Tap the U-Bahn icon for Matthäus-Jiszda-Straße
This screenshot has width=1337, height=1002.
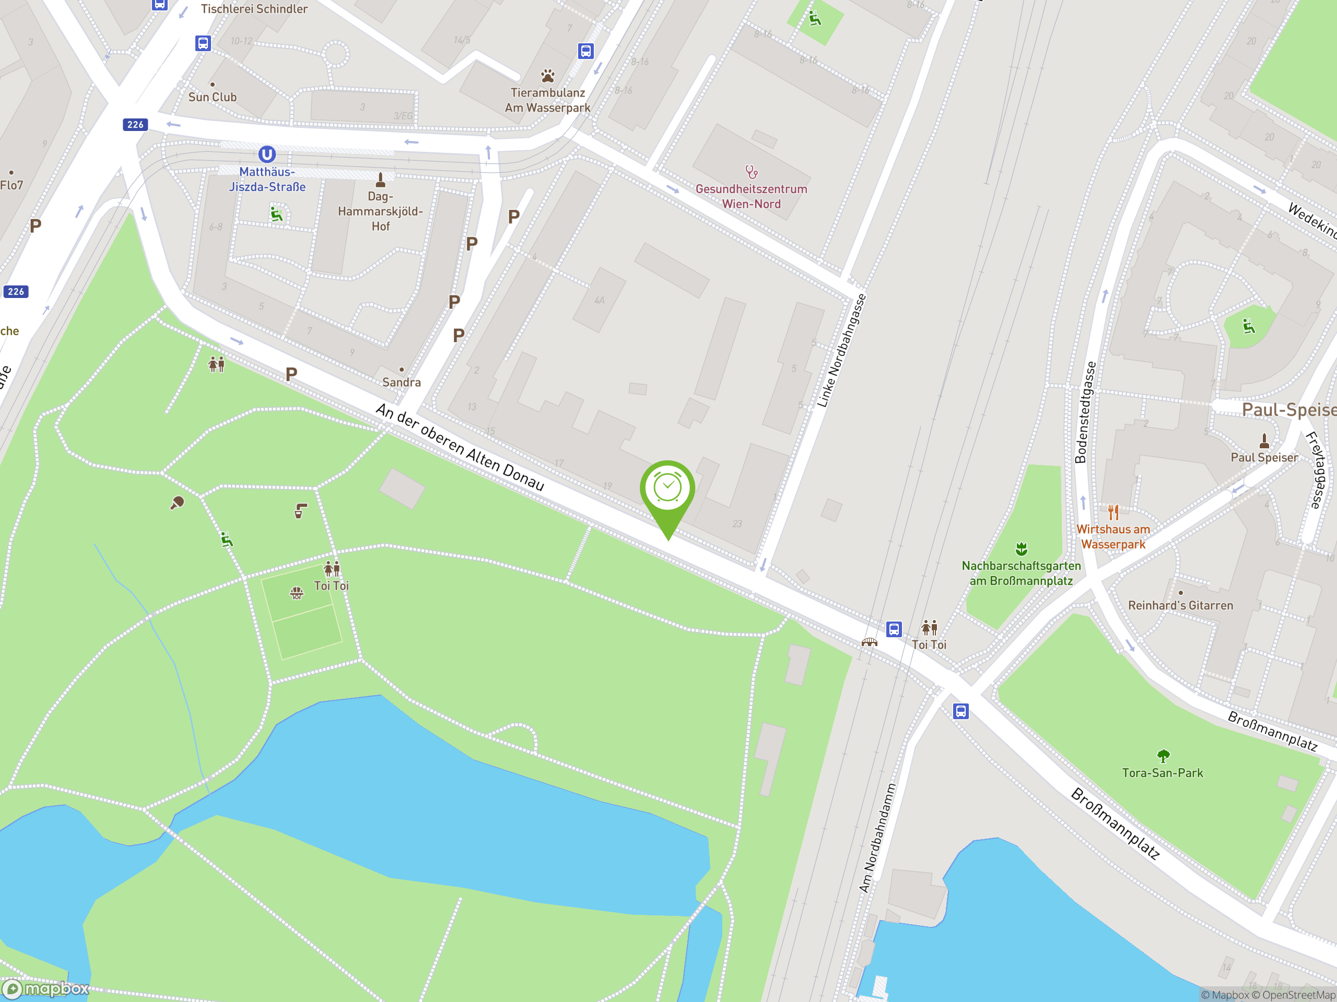[266, 154]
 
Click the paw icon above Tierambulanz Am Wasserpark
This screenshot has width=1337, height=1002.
[548, 76]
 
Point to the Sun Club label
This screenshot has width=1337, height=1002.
[212, 97]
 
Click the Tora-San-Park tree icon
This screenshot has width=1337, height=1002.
[1163, 755]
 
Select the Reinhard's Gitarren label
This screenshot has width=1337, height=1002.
[1180, 605]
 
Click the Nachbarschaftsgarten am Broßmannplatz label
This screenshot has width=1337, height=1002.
[1021, 573]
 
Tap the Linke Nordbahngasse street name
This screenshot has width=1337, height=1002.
[841, 351]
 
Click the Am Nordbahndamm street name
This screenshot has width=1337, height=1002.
[877, 838]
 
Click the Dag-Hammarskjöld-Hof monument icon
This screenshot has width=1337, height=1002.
[380, 180]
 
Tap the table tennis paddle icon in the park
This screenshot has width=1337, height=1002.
[177, 503]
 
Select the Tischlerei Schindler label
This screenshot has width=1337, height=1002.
[254, 9]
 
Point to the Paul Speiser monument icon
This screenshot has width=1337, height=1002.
[1264, 440]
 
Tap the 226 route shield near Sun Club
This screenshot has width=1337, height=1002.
[135, 124]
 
